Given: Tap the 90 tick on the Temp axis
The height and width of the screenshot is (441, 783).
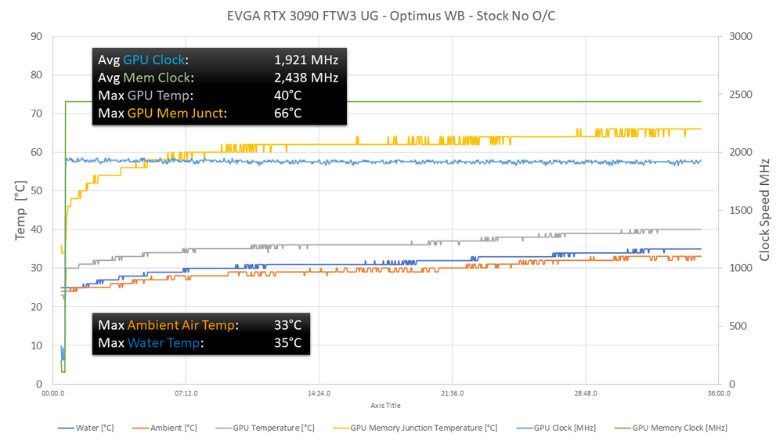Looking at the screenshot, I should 37,36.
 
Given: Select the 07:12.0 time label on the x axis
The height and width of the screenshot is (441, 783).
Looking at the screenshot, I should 186,394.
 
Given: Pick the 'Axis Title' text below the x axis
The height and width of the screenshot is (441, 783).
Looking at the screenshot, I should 385,406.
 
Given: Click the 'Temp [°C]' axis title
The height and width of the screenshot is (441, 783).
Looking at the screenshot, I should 21,210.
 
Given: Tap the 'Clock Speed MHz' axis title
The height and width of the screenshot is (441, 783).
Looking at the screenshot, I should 763,210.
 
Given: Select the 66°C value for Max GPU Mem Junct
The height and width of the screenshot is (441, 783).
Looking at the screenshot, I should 287,114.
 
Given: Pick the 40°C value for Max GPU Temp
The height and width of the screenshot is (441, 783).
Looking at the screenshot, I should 287,96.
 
